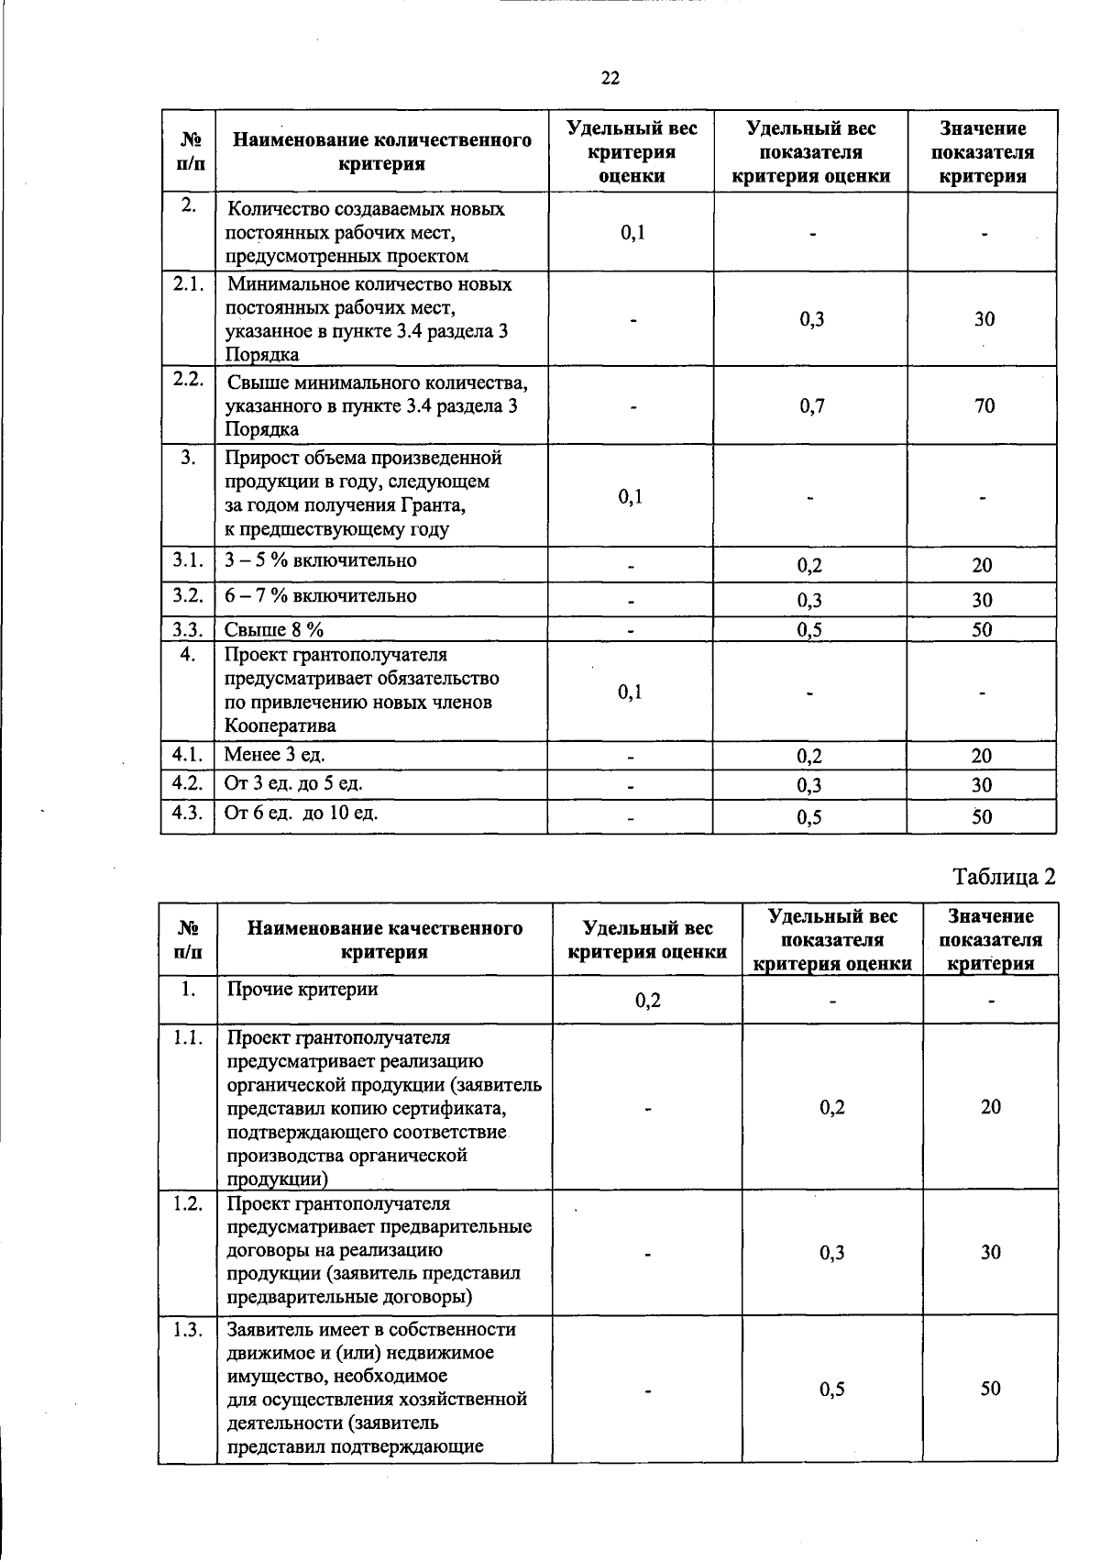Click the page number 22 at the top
coord(610,79)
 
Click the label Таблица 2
coord(1004,877)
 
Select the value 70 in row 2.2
coord(984,406)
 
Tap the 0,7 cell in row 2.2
coord(811,406)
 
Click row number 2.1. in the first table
coord(188,284)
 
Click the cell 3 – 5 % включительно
coord(321,560)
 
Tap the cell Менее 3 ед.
coord(275,755)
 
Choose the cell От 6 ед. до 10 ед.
coord(301,813)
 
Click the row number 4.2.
coord(187,783)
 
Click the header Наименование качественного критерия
coord(385,939)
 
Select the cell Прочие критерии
coord(302,989)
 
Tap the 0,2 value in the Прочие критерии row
coord(648,1000)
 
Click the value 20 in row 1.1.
coord(990,1107)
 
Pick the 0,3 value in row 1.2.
coord(832,1253)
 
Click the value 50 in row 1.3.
coord(990,1389)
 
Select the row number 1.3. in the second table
coord(187,1330)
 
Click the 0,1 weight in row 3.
coord(630,497)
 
